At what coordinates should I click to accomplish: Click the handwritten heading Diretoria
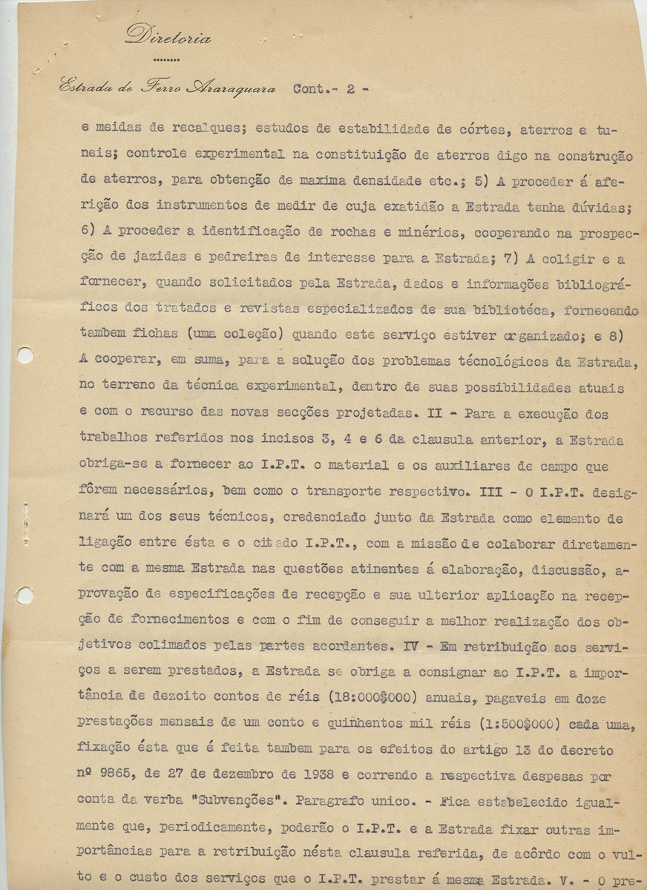coord(168,36)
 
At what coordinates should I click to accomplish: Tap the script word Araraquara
coord(230,88)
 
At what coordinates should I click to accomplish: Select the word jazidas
coord(151,258)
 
